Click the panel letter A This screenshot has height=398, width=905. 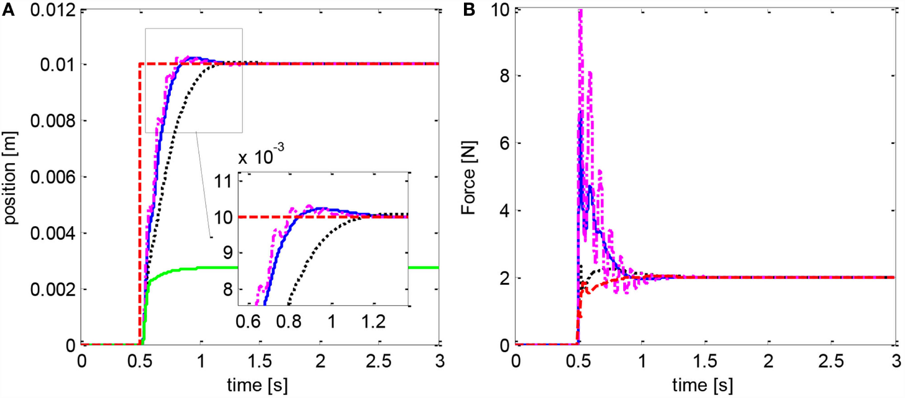click(8, 9)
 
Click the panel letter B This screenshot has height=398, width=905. click(469, 9)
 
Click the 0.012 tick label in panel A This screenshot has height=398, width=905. click(53, 9)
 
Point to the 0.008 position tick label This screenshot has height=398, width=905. click(53, 120)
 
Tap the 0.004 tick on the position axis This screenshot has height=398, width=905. click(53, 233)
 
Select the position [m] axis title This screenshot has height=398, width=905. click(10, 177)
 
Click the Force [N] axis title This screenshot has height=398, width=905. click(469, 177)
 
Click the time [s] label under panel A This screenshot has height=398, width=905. click(257, 385)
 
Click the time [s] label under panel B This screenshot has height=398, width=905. click(703, 385)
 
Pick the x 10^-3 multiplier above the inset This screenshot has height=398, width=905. click(261, 156)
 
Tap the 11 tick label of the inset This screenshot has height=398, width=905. click(223, 181)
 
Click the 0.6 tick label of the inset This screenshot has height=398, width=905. click(248, 322)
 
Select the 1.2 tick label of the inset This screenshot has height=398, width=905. click(373, 322)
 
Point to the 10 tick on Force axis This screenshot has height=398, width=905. click(501, 9)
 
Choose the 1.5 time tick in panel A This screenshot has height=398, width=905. click(259, 361)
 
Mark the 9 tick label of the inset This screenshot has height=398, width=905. click(228, 253)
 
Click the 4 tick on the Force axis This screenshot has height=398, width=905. click(504, 211)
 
